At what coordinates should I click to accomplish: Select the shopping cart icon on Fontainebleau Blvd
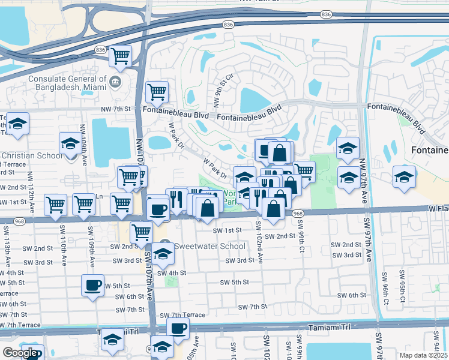[157, 92]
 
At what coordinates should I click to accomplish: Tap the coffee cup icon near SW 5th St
[92, 286]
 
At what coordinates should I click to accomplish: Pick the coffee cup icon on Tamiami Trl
[177, 328]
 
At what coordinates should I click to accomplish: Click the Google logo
[20, 353]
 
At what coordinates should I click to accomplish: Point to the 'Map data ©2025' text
[423, 355]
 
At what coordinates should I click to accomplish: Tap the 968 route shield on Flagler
[298, 214]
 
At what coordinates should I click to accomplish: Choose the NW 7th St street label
[116, 109]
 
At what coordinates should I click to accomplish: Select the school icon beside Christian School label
[70, 144]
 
